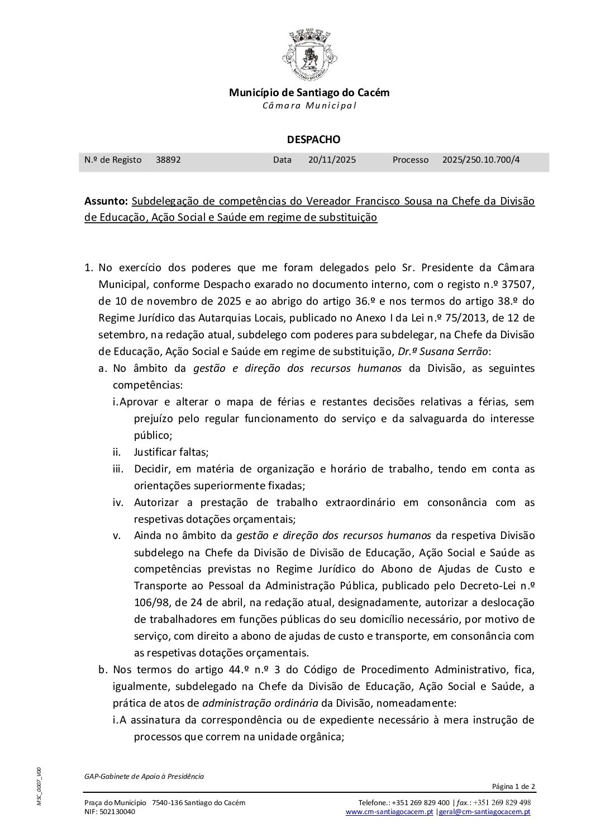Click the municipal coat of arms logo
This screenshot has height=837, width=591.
(x=309, y=55)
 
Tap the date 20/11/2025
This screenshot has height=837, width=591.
(x=332, y=160)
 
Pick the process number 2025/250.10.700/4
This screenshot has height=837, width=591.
(x=481, y=160)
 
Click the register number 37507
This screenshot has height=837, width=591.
(x=518, y=285)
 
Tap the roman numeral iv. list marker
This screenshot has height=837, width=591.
(x=118, y=502)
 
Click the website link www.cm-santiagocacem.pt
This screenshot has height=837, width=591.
(x=389, y=812)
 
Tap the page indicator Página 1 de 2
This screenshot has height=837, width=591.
(x=513, y=787)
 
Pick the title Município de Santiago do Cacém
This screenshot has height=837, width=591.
(x=309, y=93)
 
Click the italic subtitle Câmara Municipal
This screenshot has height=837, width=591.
(x=309, y=106)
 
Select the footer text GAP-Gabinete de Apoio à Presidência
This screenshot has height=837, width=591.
(x=144, y=776)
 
